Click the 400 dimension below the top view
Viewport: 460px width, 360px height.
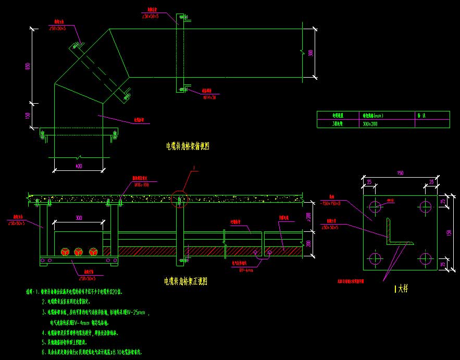tap(79, 166)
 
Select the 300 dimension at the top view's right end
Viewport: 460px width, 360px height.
tap(311, 53)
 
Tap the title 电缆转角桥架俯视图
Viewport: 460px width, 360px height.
tap(187, 147)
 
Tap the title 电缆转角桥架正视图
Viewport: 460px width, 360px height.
tap(186, 281)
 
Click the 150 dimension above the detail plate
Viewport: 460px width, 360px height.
tap(400, 173)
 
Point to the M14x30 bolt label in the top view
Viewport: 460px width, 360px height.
tap(209, 97)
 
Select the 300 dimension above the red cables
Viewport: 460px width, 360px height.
tap(79, 217)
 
